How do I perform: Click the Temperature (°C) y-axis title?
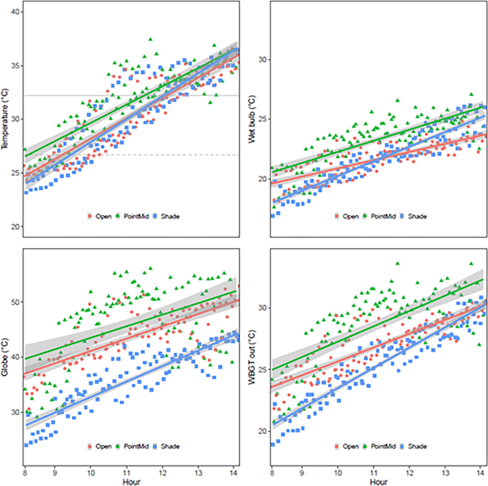coord(5,119)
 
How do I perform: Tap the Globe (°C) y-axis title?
coord(5,357)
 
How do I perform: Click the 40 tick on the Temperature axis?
coord(15,12)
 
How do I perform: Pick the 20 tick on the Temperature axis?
coord(15,227)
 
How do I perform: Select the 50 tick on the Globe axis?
coord(15,302)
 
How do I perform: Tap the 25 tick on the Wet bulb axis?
coord(262,119)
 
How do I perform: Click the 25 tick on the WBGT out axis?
coord(262,369)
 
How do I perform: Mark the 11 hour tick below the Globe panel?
coord(126,473)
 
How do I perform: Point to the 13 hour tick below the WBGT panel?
coord(445,473)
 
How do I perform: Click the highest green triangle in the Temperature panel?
coord(151,39)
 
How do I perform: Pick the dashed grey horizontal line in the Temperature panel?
coord(181,155)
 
